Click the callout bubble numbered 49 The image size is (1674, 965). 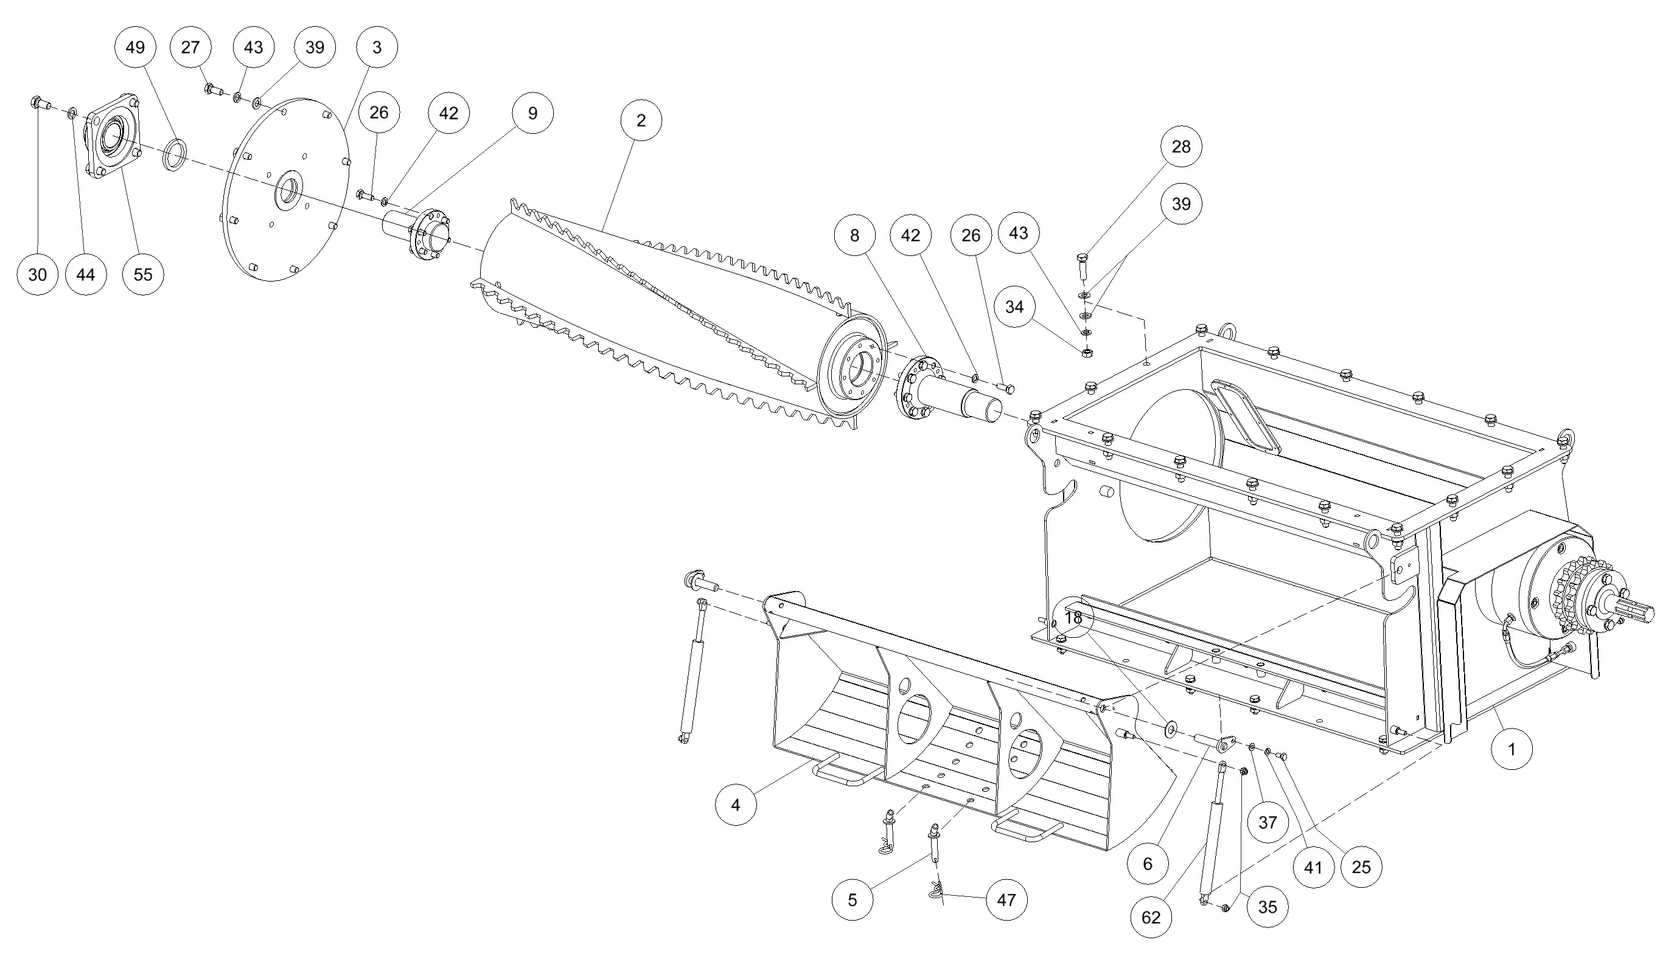click(x=135, y=47)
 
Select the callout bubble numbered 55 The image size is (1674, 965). click(x=143, y=274)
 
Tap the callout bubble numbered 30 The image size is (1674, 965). click(x=38, y=274)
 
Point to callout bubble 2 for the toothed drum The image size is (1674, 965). click(x=641, y=120)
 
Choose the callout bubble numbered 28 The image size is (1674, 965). click(x=1181, y=147)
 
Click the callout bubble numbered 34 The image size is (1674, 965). click(x=1014, y=307)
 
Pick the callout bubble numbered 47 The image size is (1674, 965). click(x=1006, y=900)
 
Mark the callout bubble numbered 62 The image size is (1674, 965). click(x=1151, y=918)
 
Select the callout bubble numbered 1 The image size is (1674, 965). click(x=1512, y=750)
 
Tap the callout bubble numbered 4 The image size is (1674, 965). click(x=736, y=804)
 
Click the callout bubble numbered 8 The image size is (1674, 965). click(x=854, y=235)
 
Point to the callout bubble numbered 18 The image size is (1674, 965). click(x=1072, y=618)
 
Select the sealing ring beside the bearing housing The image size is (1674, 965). click(x=175, y=154)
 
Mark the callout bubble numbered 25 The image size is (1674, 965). click(x=1361, y=867)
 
